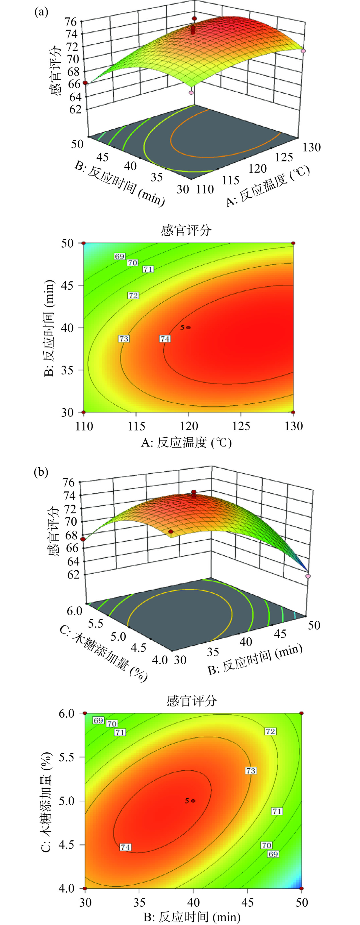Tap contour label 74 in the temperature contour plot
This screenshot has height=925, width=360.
(x=165, y=339)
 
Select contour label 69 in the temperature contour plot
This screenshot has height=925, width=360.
(x=119, y=256)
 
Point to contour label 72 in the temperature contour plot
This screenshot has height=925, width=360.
(x=133, y=296)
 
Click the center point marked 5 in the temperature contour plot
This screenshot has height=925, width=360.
(x=189, y=328)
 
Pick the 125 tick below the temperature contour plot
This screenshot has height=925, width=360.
(x=241, y=426)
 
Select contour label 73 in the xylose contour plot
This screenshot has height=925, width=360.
(x=251, y=771)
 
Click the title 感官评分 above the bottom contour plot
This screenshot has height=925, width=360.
(x=192, y=701)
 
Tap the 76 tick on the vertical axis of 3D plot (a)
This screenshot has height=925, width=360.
(x=71, y=21)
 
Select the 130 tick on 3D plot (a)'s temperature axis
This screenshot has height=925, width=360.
(x=311, y=147)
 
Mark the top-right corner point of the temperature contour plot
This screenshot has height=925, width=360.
(x=293, y=243)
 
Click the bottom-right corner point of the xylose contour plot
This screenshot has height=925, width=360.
(x=301, y=888)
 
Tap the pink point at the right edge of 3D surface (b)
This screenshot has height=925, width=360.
(x=308, y=576)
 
